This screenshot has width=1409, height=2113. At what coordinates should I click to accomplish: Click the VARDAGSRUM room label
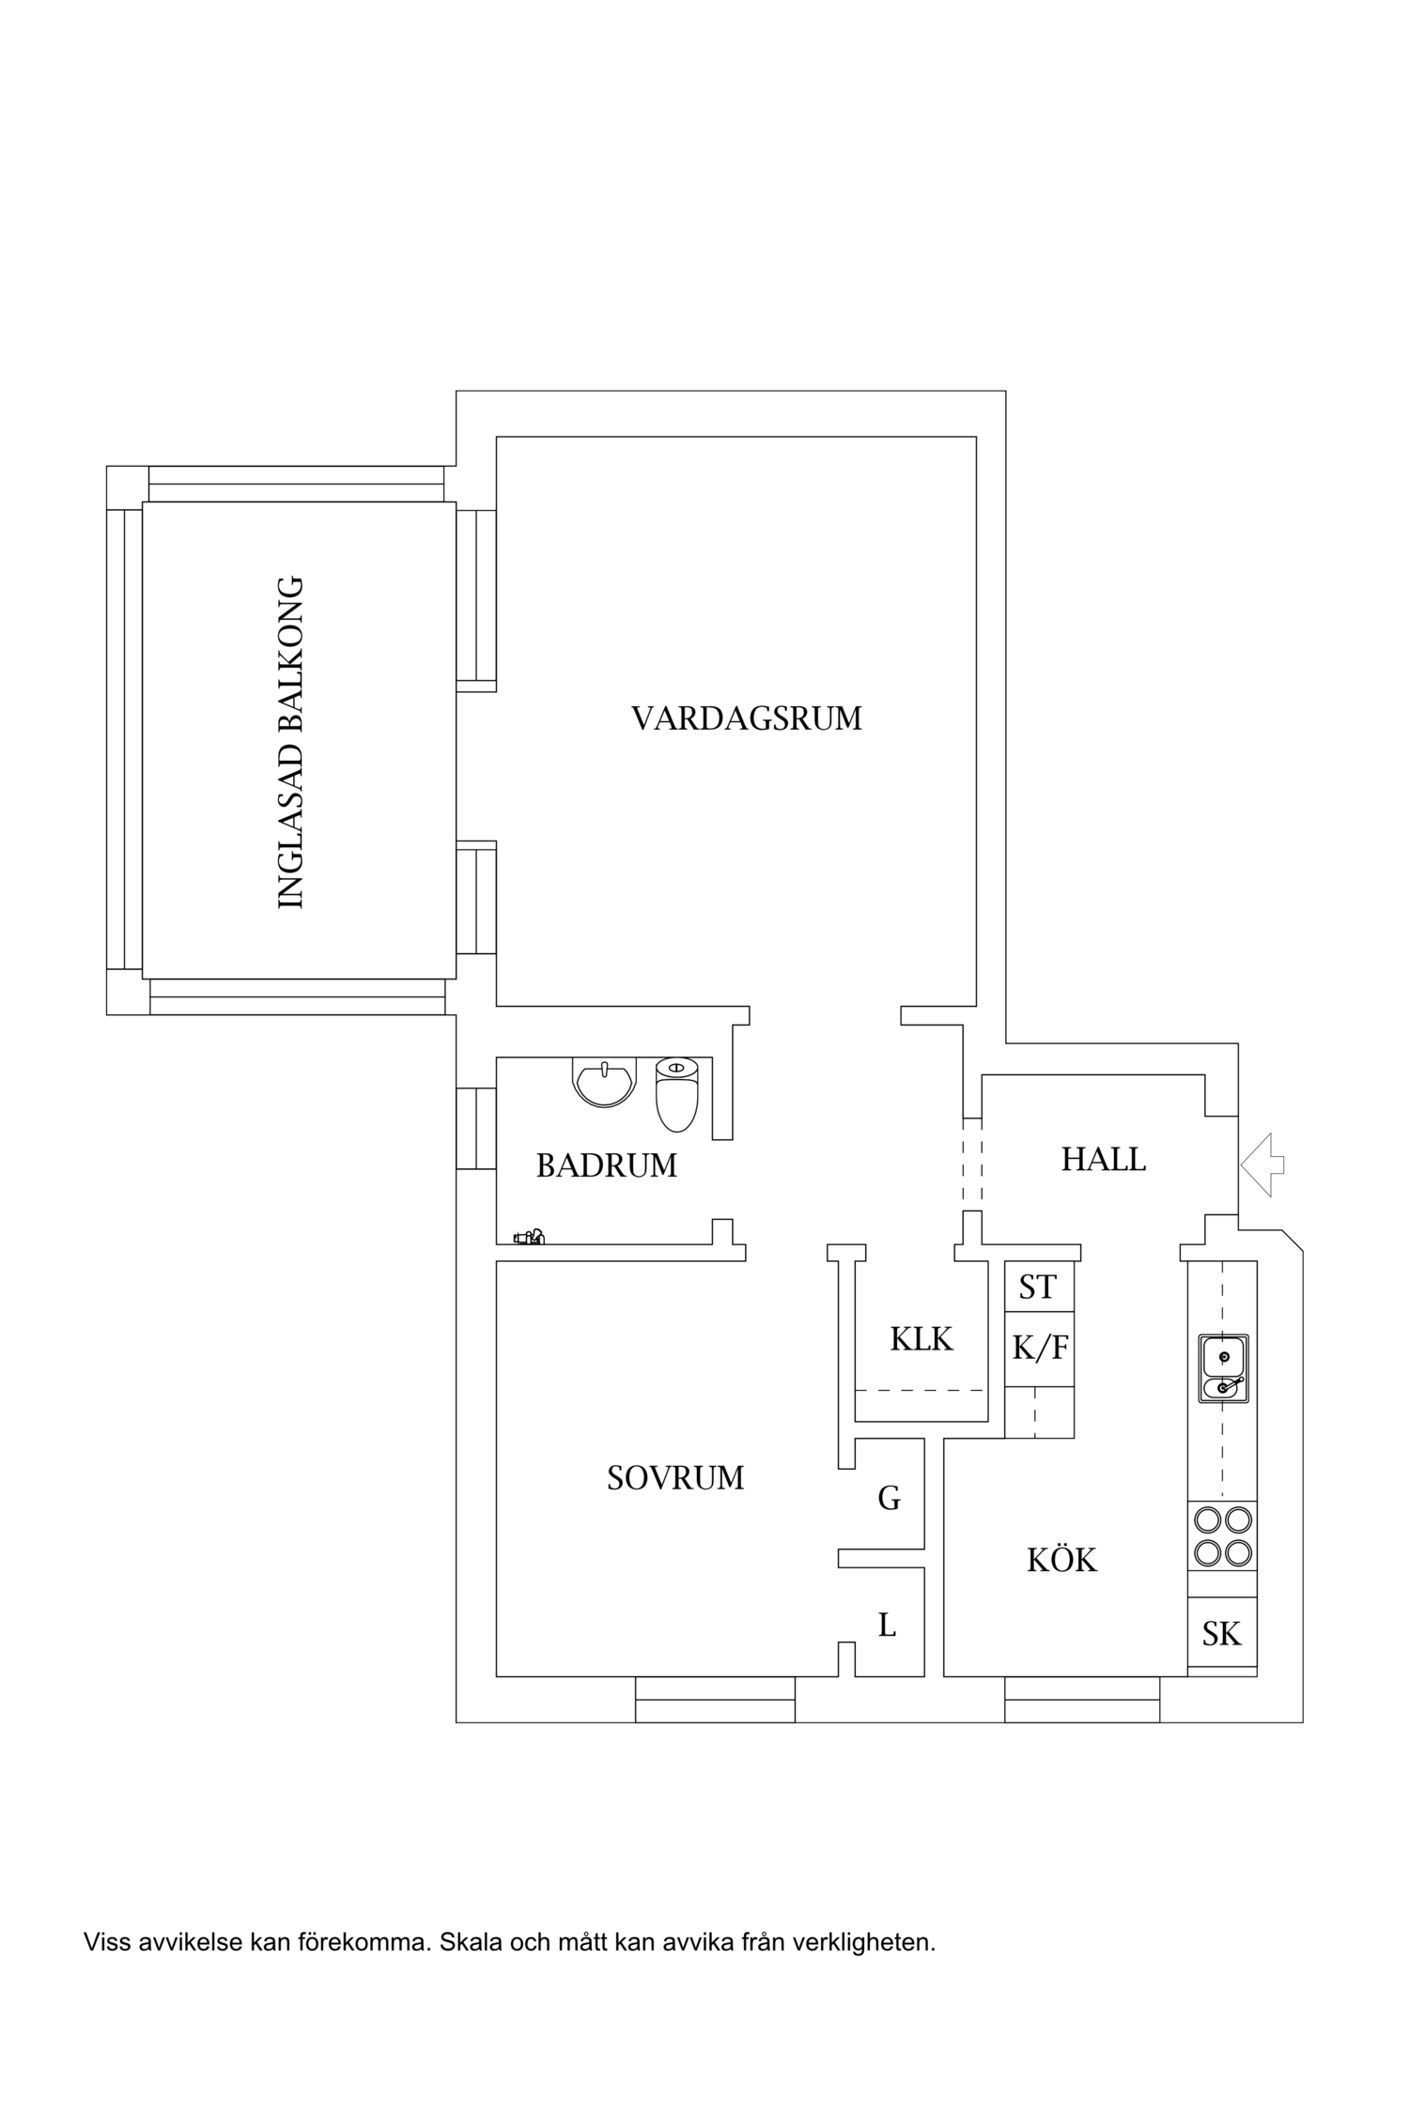pyautogui.click(x=746, y=719)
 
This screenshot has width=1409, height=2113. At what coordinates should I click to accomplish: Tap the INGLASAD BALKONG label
pyautogui.click(x=292, y=742)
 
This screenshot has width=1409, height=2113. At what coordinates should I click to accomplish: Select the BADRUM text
pyautogui.click(x=606, y=1166)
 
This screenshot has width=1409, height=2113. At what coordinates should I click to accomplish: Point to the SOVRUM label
pyautogui.click(x=674, y=1478)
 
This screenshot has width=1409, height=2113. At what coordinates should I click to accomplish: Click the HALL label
pyautogui.click(x=1103, y=1160)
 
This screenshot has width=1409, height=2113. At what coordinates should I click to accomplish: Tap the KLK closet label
pyautogui.click(x=921, y=1339)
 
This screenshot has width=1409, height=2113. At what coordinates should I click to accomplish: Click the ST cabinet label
pyautogui.click(x=1038, y=1288)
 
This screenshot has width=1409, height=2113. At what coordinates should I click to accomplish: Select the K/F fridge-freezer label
pyautogui.click(x=1039, y=1349)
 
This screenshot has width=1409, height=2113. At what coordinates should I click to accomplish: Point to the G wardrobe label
pyautogui.click(x=889, y=1499)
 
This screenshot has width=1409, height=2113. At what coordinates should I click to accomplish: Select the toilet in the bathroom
pyautogui.click(x=676, y=1093)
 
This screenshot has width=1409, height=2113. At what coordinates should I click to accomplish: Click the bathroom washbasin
pyautogui.click(x=604, y=1082)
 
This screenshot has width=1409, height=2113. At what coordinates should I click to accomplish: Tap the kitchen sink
pyautogui.click(x=1222, y=1369)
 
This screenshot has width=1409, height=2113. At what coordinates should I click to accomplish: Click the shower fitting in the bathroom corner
pyautogui.click(x=530, y=1238)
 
